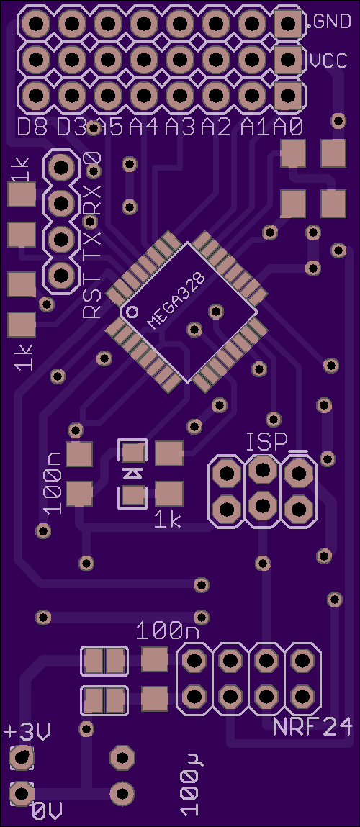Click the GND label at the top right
pyautogui.click(x=332, y=22)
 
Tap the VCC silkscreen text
pyautogui.click(x=328, y=61)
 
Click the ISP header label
pyautogui.click(x=267, y=442)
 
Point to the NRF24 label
pyautogui.click(x=312, y=728)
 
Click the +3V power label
pyautogui.click(x=27, y=732)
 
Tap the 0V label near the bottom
pyautogui.click(x=47, y=810)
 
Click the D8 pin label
pyautogui.click(x=32, y=127)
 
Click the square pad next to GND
pyautogui.click(x=288, y=23)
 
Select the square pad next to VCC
pyautogui.click(x=288, y=60)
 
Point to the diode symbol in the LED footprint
pyautogui.click(x=132, y=473)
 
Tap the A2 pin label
pyautogui.click(x=217, y=127)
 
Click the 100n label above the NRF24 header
pyautogui.click(x=168, y=631)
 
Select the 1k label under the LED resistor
pyautogui.click(x=168, y=520)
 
